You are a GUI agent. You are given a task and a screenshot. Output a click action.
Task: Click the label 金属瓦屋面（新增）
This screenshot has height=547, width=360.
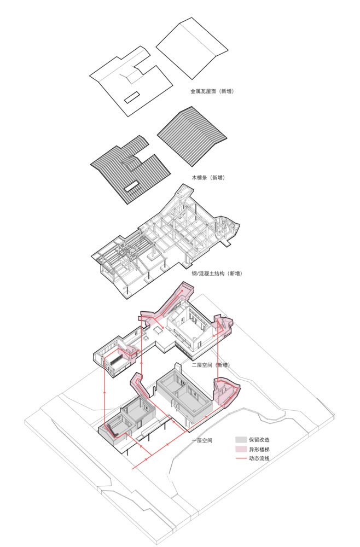point(212,91)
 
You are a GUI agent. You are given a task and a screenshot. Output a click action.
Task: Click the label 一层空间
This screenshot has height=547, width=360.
point(202,440)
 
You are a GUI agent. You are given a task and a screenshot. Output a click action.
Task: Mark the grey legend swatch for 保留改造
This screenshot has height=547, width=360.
point(241,440)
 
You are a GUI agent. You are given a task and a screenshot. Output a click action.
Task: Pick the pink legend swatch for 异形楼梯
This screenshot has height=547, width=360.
point(241,449)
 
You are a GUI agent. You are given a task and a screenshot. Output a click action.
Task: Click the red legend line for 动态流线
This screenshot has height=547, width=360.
point(241,458)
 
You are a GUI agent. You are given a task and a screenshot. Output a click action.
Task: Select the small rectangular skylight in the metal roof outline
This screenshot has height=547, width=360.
point(132,97)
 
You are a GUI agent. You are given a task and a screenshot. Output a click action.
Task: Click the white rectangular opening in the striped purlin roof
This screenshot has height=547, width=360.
point(132,187)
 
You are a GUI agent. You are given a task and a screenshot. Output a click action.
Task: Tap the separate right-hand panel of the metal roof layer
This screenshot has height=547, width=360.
point(191,48)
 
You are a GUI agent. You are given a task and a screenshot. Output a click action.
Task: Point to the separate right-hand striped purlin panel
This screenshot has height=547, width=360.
point(191,137)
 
